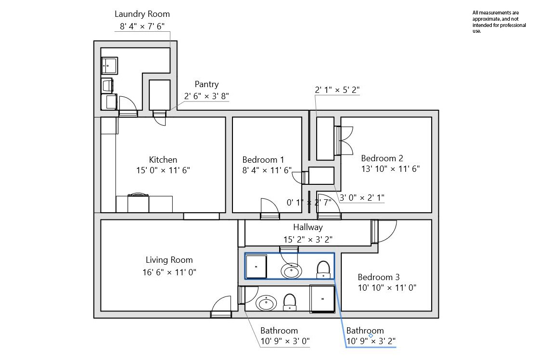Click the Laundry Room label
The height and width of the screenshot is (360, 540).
click(142, 14)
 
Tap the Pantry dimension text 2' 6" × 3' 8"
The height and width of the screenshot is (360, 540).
click(206, 96)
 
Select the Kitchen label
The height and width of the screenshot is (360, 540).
click(163, 160)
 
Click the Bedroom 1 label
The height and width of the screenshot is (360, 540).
click(263, 160)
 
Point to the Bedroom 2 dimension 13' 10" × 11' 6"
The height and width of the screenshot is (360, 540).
click(390, 169)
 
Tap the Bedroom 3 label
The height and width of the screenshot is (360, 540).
click(378, 277)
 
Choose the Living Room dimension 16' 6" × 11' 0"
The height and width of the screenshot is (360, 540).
click(169, 272)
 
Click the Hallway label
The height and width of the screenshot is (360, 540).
click(308, 227)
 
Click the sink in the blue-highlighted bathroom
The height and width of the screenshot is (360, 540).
click(291, 271)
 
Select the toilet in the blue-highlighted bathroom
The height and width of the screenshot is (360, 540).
click(323, 270)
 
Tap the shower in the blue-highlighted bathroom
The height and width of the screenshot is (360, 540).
click(256, 266)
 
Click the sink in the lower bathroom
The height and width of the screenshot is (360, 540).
click(266, 303)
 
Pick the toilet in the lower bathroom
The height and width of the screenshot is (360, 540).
click(290, 302)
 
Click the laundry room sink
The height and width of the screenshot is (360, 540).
click(110, 66)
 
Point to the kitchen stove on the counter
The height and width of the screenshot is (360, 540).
click(138, 203)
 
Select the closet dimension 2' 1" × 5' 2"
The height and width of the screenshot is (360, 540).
click(337, 90)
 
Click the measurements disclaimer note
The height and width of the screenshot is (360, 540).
click(499, 22)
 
